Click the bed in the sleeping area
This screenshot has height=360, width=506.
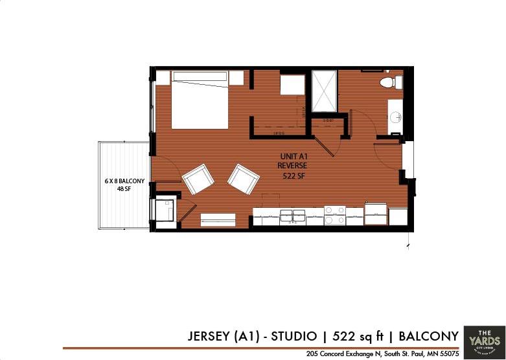click(200, 100)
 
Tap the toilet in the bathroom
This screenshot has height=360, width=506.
click(387, 82)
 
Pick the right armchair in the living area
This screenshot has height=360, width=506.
click(243, 179)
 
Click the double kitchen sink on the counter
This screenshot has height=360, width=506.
click(293, 215)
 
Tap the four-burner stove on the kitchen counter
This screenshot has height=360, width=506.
click(335, 216)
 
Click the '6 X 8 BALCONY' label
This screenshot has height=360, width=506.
click(124, 181)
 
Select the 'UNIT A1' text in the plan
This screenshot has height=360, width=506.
click(292, 157)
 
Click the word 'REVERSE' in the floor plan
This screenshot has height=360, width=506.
click(292, 166)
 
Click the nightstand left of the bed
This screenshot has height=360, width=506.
click(163, 78)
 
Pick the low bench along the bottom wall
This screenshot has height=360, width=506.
click(218, 219)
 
